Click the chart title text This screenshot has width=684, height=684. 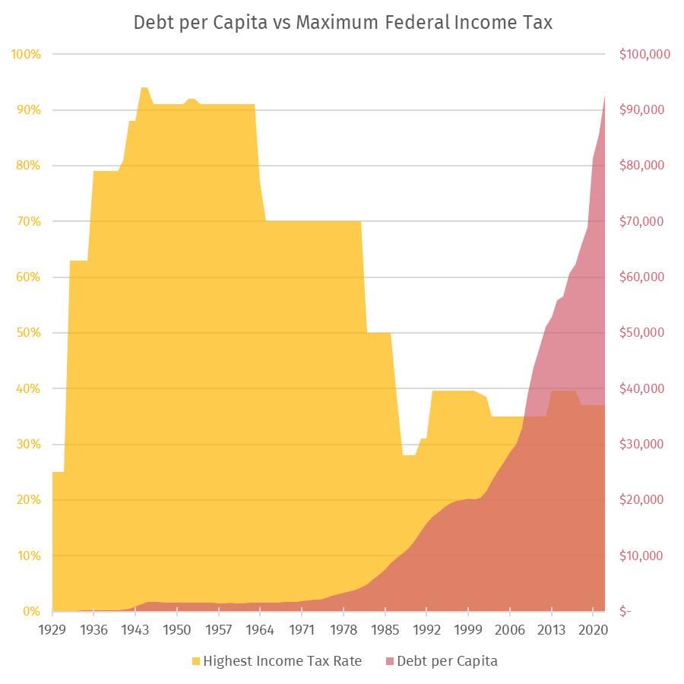(x=343, y=23)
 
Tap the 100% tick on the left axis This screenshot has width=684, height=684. (x=26, y=55)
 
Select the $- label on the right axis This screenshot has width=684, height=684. (x=625, y=612)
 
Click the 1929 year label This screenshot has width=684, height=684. (x=52, y=630)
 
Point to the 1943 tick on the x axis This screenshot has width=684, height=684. (x=135, y=630)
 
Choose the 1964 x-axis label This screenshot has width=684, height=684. (x=261, y=630)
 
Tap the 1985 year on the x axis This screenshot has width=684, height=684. (x=385, y=630)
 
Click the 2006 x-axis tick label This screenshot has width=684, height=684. (x=510, y=630)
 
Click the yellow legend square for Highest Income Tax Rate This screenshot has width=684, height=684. (x=195, y=661)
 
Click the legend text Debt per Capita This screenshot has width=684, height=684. (x=447, y=661)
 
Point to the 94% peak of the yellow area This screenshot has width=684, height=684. (x=144, y=88)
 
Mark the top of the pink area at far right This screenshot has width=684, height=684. (x=605, y=97)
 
